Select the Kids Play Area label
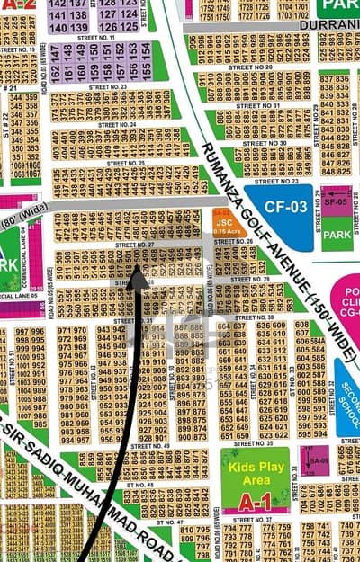tap(256, 473)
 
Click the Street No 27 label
tap(134, 245)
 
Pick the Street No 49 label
tap(149, 446)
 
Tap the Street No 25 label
tap(125, 163)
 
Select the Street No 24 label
tap(117, 124)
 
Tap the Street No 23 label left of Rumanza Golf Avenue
tap(109, 86)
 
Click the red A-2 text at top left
tap(18, 4)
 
